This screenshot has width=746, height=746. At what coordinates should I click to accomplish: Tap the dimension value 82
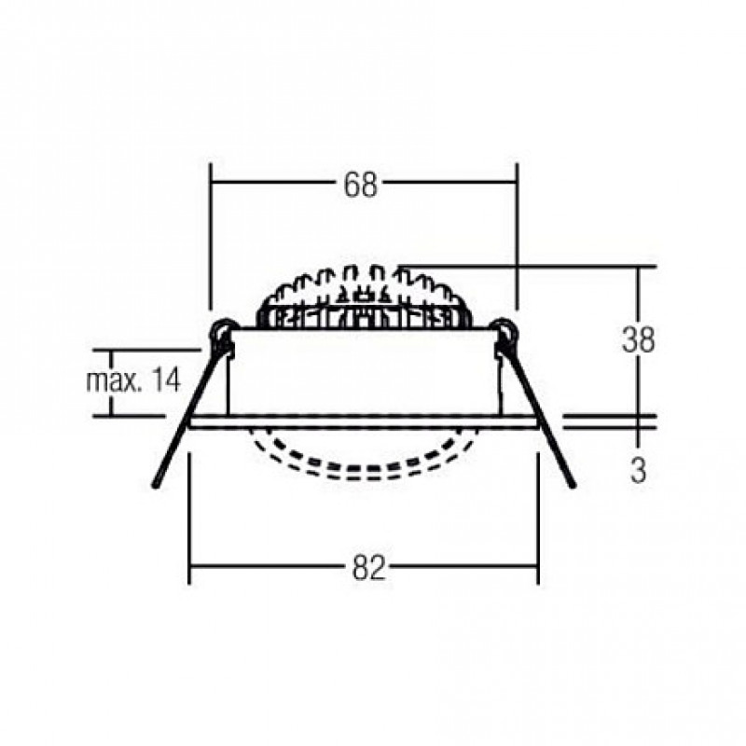click(x=368, y=567)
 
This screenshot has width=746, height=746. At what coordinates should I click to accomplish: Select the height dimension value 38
click(x=638, y=339)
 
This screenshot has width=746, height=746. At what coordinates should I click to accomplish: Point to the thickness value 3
click(x=638, y=470)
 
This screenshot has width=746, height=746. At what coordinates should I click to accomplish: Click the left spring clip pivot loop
click(x=222, y=330)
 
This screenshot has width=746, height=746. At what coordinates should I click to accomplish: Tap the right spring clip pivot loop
click(x=505, y=330)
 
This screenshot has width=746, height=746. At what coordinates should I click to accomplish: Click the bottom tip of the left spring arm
click(x=155, y=486)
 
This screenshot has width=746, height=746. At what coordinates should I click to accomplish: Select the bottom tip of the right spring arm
click(x=573, y=485)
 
